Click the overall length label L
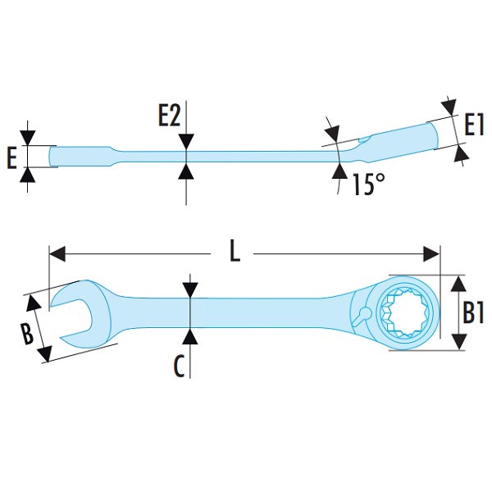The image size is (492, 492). pos(235,252)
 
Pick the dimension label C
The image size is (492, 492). pos(179,367)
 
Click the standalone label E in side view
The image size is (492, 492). pos(11,157)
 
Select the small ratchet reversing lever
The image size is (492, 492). pos(362,313)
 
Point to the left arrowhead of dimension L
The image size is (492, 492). pos(55,253)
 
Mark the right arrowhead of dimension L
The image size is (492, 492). pos(434,253)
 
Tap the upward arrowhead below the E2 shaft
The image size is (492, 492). pos(188,171)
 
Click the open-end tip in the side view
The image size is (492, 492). pos(53,156)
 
